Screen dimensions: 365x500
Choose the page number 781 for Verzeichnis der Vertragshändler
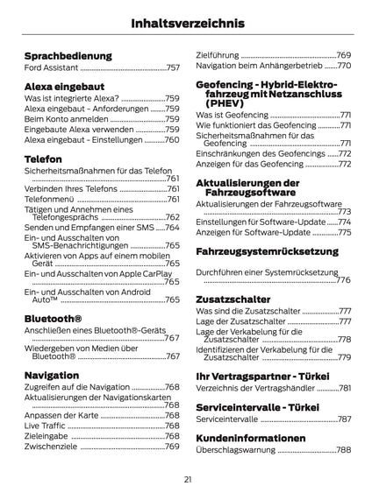point(345,388)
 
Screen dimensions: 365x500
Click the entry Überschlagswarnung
point(235,449)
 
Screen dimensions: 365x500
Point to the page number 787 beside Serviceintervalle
point(345,419)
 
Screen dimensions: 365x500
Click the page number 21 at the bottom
point(188,479)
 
